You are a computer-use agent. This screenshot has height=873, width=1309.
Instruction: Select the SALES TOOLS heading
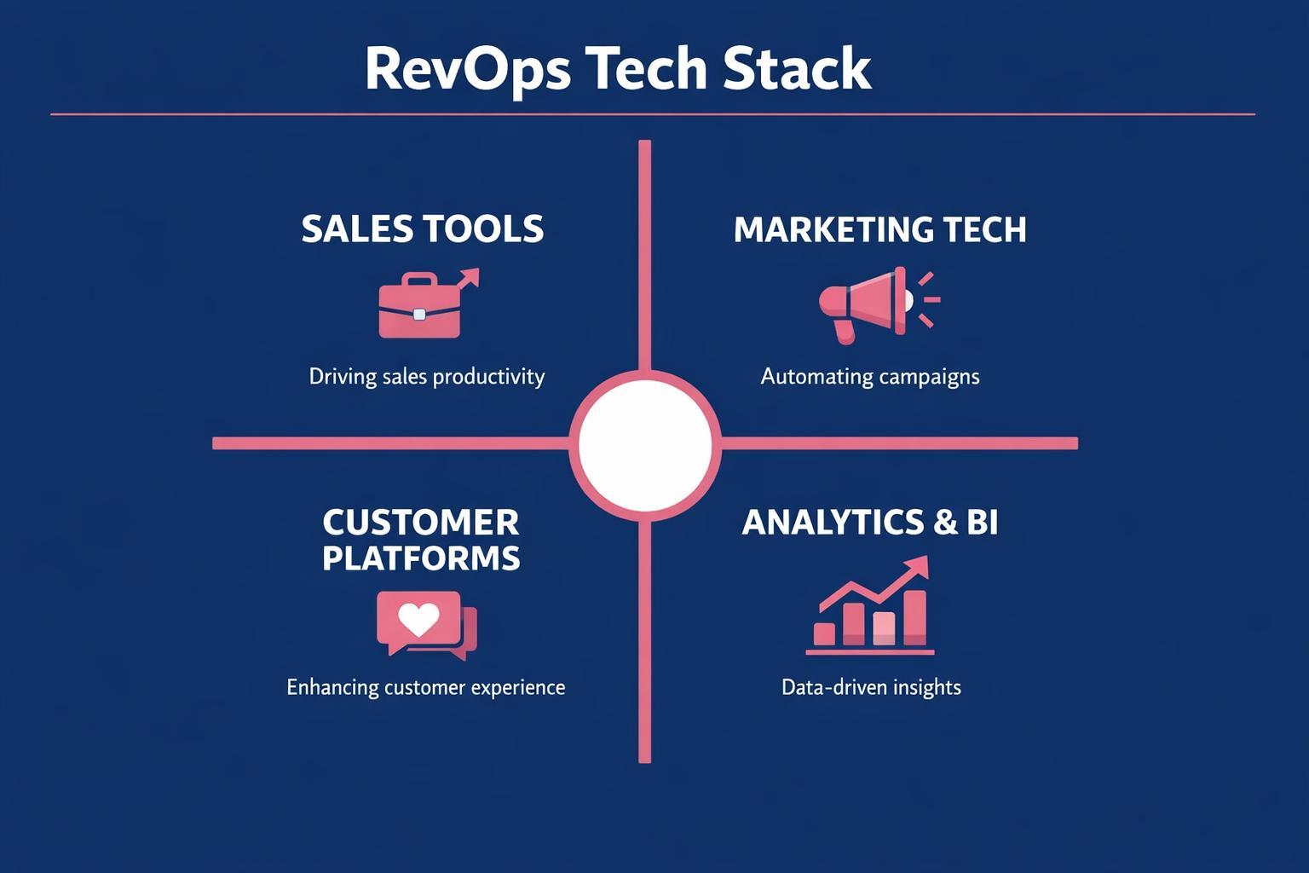(x=423, y=229)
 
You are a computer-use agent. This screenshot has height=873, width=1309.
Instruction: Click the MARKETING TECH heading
(x=879, y=230)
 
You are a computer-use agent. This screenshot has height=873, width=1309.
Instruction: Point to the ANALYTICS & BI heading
(x=869, y=522)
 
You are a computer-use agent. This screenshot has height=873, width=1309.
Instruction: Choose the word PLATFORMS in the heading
(x=421, y=558)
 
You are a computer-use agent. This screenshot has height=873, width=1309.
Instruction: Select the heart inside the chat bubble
(x=418, y=620)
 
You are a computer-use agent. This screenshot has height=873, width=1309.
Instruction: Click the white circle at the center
(x=645, y=443)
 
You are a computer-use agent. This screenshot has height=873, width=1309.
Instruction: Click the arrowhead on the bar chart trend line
(x=917, y=567)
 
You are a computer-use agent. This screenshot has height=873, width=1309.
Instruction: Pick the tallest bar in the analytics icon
(x=914, y=617)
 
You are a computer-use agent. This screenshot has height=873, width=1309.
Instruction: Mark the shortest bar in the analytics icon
(x=824, y=633)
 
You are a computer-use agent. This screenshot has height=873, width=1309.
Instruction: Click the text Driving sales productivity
(x=426, y=376)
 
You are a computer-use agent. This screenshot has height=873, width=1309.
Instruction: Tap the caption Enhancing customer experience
(x=425, y=687)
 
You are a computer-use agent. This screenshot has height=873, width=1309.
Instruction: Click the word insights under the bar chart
(x=925, y=687)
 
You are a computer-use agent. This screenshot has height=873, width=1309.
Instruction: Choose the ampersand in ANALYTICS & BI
(x=945, y=522)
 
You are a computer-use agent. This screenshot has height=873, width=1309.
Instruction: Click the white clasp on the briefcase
(x=419, y=315)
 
